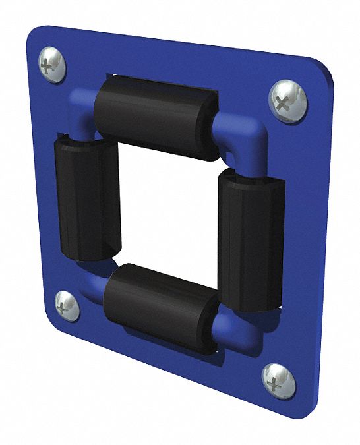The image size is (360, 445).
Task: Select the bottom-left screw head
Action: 67,305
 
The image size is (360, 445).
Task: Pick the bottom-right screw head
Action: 278,381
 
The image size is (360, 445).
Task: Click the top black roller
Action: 156,116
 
